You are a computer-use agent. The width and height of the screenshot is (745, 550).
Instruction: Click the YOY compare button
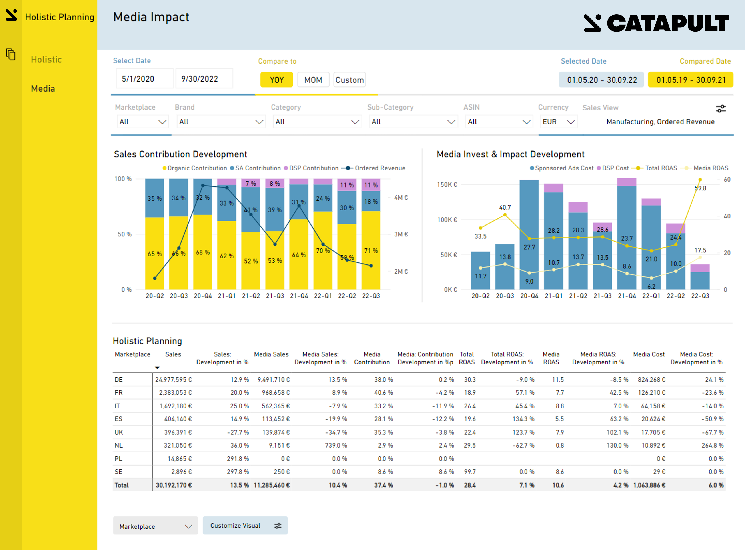click(276, 80)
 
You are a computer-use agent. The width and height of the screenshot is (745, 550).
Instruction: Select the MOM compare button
click(313, 80)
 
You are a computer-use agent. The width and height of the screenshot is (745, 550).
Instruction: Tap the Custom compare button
click(349, 80)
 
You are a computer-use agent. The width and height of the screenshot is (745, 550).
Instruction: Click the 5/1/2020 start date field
click(144, 79)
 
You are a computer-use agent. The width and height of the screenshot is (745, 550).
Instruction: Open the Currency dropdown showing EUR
click(558, 122)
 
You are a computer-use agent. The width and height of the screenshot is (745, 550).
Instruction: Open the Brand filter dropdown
click(221, 122)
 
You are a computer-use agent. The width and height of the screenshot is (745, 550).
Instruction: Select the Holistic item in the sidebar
click(46, 60)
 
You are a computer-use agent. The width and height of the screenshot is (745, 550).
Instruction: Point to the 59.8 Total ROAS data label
click(700, 188)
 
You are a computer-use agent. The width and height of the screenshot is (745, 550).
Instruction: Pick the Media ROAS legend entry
click(710, 168)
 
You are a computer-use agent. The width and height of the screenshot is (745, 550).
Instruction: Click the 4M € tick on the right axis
click(401, 197)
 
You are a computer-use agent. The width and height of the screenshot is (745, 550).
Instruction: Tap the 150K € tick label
click(447, 184)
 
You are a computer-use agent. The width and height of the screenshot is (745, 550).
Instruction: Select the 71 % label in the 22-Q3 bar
click(371, 251)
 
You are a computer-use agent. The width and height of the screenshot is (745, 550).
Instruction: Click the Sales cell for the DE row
click(173, 380)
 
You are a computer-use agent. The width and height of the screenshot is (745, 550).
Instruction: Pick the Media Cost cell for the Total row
click(649, 485)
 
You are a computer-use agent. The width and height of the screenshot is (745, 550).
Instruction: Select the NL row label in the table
click(118, 446)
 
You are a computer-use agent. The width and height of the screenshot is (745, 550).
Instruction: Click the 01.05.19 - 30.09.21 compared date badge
click(691, 80)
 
